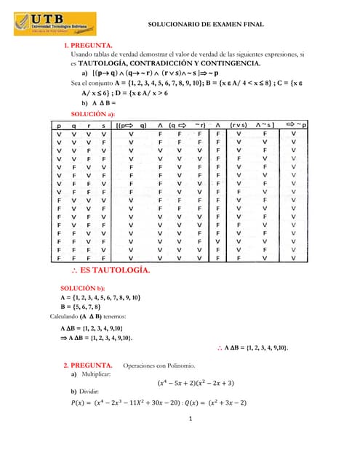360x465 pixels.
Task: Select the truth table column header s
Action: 105,125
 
